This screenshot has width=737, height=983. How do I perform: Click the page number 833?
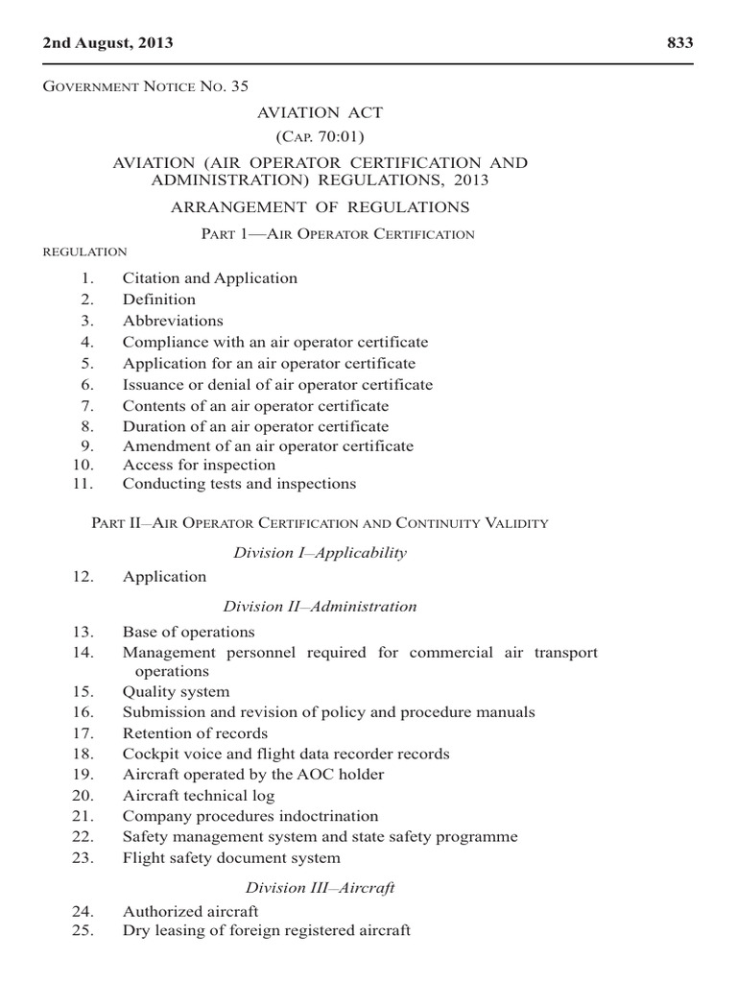coord(678,43)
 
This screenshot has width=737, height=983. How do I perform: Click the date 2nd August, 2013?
coord(108,43)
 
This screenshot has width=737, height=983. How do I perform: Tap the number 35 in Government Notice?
coord(239,86)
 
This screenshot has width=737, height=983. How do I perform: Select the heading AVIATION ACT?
coord(320,112)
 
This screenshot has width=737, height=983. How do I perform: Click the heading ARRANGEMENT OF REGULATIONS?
coord(320,207)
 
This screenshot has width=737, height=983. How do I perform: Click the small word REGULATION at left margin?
coord(86,252)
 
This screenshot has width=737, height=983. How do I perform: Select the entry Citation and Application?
coord(210,278)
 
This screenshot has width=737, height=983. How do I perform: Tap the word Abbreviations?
coord(173,321)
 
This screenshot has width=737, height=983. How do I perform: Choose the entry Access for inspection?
coord(199,466)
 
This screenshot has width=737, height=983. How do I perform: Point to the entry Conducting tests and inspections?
coord(239,484)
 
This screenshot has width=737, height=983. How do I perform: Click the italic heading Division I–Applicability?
coord(321,553)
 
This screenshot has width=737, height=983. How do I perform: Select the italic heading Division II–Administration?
coord(321,607)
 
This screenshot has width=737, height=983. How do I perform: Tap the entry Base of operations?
coord(189,633)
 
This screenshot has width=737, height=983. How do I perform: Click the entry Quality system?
coord(177,691)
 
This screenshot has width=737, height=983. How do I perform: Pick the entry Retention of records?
coord(196,733)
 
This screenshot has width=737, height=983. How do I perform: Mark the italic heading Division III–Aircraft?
coord(321,888)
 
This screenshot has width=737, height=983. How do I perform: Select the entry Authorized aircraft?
coord(191,912)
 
